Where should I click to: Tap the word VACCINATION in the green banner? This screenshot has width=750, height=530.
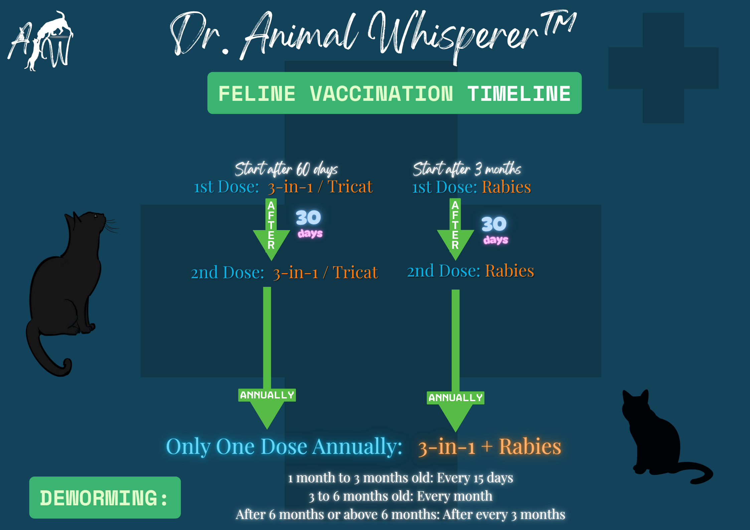click(x=382, y=94)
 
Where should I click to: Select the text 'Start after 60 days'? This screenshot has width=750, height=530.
click(x=286, y=169)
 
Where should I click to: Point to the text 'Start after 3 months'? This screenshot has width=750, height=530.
click(x=467, y=169)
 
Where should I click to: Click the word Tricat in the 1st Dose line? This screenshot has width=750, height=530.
click(x=350, y=186)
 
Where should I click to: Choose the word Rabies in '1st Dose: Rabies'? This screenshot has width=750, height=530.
click(x=506, y=187)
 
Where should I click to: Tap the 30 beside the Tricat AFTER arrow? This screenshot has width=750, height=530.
click(x=308, y=217)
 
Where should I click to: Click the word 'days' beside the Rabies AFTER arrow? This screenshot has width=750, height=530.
click(x=496, y=240)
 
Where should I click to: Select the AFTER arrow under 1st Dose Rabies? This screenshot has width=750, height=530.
click(x=455, y=229)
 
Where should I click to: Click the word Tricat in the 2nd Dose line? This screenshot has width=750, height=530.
click(x=355, y=272)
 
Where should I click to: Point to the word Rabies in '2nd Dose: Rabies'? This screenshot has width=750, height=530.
click(x=509, y=271)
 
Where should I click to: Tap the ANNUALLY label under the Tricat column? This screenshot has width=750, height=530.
click(x=267, y=395)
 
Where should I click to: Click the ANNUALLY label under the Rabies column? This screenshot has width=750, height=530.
click(x=456, y=398)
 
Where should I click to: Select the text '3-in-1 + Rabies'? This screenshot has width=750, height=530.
click(x=490, y=447)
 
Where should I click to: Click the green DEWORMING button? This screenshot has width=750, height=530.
click(x=105, y=498)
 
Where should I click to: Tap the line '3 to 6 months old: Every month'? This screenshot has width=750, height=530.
click(x=401, y=496)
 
